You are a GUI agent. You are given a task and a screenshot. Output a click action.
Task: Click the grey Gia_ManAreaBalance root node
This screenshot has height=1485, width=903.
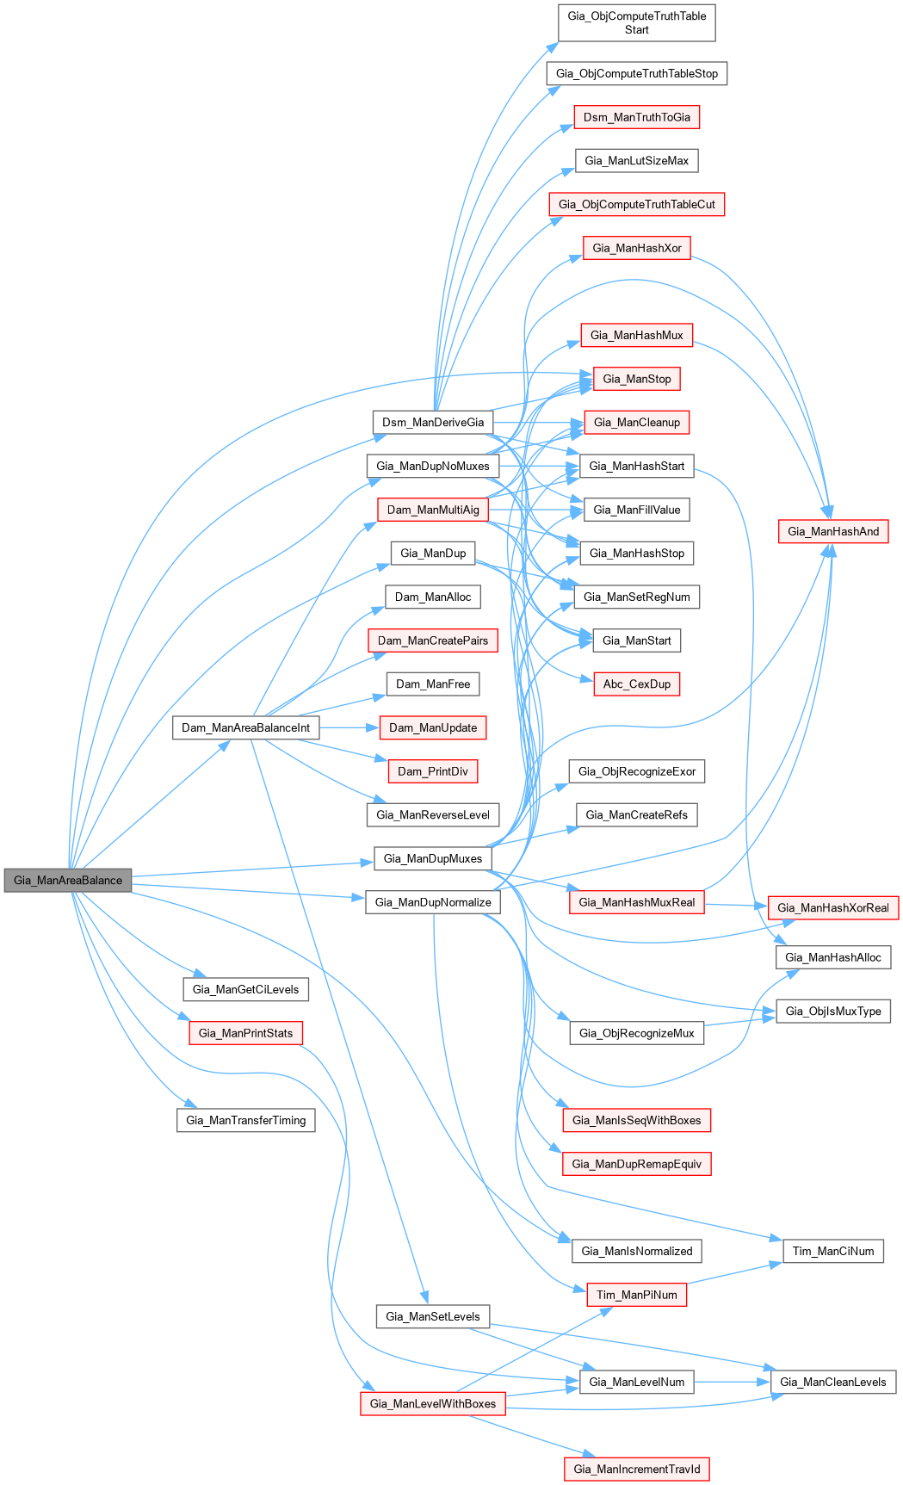(x=68, y=880)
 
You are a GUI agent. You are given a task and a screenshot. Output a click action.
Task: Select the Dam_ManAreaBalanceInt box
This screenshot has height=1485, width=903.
(x=245, y=727)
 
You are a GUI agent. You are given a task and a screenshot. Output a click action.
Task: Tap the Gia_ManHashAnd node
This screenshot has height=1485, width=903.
(x=833, y=531)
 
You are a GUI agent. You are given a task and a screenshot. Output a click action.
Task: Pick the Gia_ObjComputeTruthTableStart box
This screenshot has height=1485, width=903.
(x=637, y=23)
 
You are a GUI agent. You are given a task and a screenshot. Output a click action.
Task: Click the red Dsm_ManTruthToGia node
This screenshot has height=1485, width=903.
(x=637, y=117)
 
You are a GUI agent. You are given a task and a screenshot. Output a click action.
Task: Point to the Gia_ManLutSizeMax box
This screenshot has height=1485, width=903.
(x=637, y=161)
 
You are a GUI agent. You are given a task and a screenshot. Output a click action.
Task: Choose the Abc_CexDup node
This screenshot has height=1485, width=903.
(x=637, y=684)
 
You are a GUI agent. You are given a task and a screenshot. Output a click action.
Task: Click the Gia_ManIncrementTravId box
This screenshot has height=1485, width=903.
(x=637, y=1469)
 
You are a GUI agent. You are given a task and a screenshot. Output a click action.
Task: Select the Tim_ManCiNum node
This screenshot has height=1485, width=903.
(x=833, y=1251)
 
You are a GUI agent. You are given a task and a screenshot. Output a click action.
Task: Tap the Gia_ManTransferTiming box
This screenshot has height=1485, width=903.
(x=246, y=1120)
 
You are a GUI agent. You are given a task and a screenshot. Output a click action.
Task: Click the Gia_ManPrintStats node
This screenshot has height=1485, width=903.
(x=246, y=1033)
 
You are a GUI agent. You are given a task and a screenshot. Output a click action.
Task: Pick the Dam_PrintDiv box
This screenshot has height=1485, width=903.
(x=433, y=771)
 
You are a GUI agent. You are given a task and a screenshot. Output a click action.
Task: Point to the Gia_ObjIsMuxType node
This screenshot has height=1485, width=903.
(x=833, y=1011)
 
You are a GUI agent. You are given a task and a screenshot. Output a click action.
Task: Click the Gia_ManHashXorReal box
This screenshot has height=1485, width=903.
(x=833, y=907)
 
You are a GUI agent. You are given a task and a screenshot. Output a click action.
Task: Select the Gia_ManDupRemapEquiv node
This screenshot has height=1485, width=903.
(x=637, y=1164)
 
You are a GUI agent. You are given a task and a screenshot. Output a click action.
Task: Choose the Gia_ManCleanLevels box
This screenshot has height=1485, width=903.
(x=833, y=1382)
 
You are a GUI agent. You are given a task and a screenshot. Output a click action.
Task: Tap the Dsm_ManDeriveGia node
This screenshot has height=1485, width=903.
(x=433, y=423)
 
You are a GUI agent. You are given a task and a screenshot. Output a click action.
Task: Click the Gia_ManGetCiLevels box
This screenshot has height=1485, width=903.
(x=246, y=989)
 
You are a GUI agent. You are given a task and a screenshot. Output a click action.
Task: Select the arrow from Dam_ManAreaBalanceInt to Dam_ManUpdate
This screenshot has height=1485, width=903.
(x=349, y=727)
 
